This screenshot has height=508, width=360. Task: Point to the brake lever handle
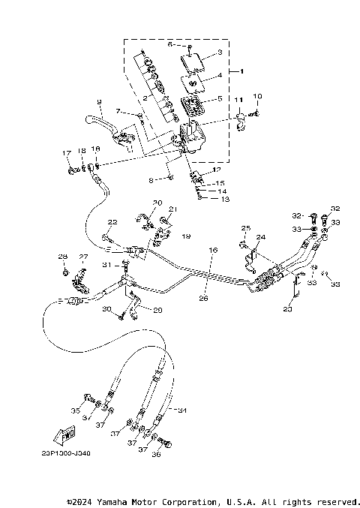point(94,119)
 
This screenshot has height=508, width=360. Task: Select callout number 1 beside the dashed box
point(241,71)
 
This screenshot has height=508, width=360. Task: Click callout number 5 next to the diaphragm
point(219,98)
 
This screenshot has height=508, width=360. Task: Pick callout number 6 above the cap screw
point(169,44)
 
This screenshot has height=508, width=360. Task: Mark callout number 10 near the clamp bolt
point(259,96)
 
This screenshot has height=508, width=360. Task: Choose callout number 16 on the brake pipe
point(212,250)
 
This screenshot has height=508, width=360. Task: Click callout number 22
point(112,222)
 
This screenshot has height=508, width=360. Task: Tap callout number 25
point(244,227)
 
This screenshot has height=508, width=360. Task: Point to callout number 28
point(63,257)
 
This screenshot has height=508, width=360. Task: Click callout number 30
point(106,309)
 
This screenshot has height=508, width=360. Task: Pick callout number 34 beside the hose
point(181,410)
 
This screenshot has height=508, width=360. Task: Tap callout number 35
point(74,411)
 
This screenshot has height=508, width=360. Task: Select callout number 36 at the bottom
point(156,454)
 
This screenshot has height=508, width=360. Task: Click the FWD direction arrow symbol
point(67,435)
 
